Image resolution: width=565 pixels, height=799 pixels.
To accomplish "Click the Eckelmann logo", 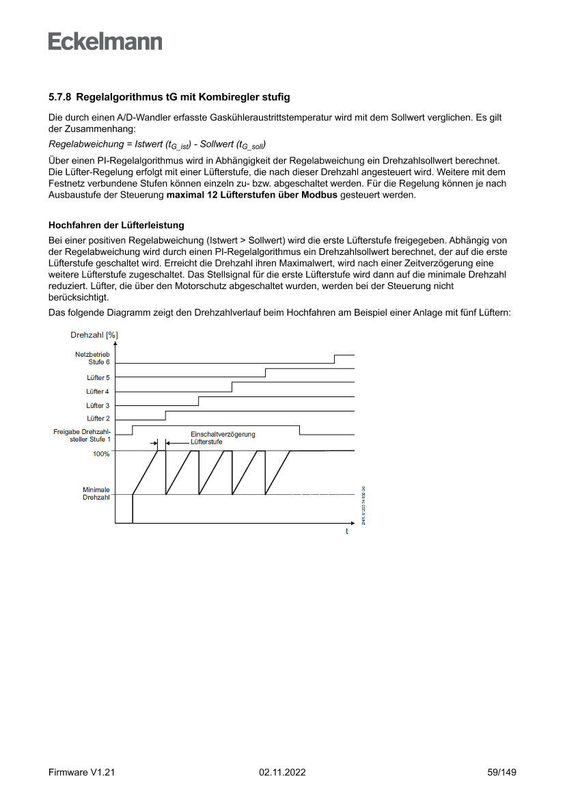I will (105, 41).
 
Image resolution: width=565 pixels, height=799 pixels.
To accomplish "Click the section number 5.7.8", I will (61, 98).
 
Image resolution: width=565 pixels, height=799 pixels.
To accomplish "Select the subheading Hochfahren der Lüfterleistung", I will (116, 225).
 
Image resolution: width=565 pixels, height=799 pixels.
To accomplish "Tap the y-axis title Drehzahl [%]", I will (94, 335).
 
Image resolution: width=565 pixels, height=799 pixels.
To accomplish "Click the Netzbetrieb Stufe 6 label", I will (92, 358).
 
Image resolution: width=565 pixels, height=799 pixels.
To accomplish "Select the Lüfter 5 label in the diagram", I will (98, 377).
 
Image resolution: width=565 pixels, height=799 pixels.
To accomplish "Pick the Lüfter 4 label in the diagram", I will (98, 392).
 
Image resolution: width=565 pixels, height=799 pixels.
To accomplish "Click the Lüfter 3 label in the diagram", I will (98, 405).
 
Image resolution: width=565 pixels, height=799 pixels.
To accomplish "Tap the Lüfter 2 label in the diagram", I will (98, 418).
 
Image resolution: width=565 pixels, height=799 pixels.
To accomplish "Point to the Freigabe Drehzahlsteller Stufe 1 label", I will (81, 435).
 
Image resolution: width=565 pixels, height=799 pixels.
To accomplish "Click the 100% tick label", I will (101, 454).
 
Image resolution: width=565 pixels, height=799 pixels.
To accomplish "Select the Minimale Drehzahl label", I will (96, 493).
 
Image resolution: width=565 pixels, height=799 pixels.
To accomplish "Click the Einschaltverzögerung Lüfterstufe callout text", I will (223, 437).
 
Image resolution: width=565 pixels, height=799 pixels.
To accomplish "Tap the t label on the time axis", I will (346, 532).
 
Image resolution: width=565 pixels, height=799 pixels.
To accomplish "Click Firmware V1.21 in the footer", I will (81, 772).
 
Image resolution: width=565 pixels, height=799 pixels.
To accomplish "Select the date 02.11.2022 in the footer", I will (282, 772).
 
